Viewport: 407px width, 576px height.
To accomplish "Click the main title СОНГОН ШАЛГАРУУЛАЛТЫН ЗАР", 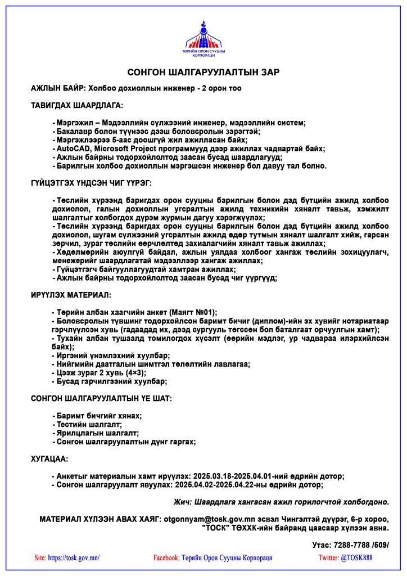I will tap(203, 73).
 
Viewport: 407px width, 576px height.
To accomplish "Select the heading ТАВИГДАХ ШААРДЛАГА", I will tap(76, 105).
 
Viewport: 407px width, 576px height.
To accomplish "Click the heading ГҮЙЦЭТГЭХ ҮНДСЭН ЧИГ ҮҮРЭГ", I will tap(91, 183).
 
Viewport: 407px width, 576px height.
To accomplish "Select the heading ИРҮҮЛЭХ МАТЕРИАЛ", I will tap(71, 294).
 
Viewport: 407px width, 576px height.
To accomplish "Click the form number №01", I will tap(202, 312).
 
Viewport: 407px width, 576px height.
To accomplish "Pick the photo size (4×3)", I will tap(135, 372).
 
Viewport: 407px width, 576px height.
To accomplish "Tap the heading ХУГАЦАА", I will tap(49, 459).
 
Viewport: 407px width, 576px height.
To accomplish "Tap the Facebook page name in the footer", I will tap(227, 558).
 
